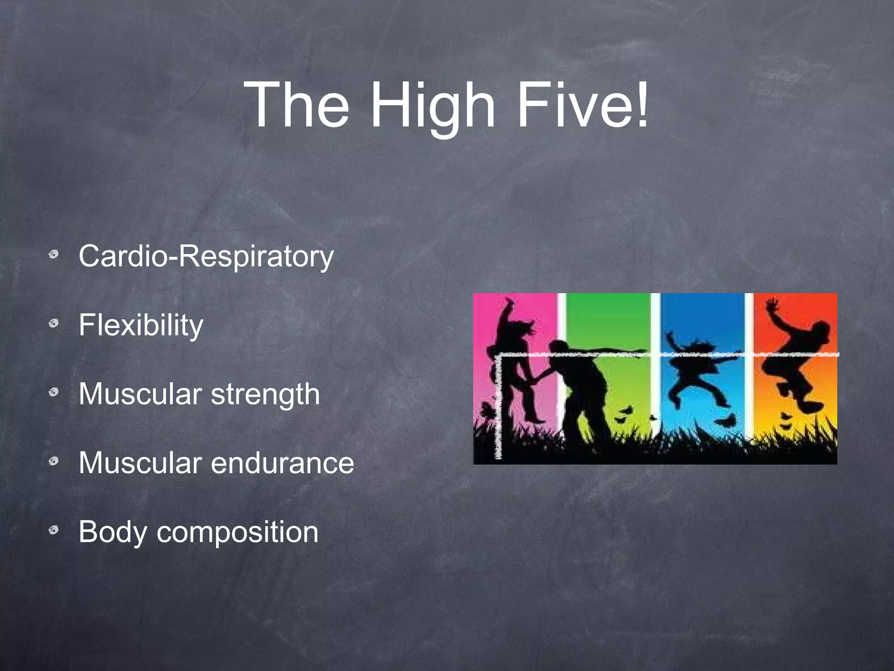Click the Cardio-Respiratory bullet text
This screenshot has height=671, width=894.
pyautogui.click(x=206, y=256)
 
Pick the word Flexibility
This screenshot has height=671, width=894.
pyautogui.click(x=141, y=325)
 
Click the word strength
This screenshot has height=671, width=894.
pyautogui.click(x=265, y=394)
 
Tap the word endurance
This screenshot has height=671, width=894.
pyautogui.click(x=282, y=463)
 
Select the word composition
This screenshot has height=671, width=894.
pyautogui.click(x=237, y=533)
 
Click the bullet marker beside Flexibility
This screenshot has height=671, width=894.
pyautogui.click(x=54, y=324)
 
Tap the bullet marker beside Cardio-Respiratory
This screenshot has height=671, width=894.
pyautogui.click(x=54, y=254)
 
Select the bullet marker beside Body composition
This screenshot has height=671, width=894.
pyautogui.click(x=54, y=531)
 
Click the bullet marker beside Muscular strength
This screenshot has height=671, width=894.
pyautogui.click(x=54, y=392)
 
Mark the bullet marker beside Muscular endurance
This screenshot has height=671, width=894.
pyautogui.click(x=54, y=461)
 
